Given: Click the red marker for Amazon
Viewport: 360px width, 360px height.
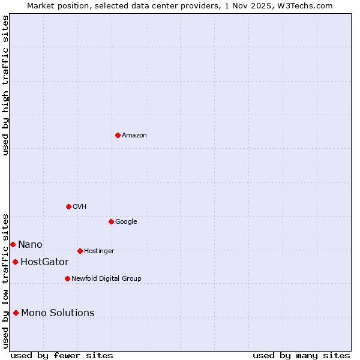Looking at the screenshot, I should (118, 135).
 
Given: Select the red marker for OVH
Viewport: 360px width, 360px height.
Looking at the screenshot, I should (68, 206).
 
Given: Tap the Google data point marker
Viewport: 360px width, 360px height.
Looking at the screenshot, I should (111, 221).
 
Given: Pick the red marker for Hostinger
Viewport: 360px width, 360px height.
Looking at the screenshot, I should (80, 251).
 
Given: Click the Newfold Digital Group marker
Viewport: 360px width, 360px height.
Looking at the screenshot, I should (67, 278).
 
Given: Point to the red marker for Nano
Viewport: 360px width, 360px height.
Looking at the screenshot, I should (13, 244).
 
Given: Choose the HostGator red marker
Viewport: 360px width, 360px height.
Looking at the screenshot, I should (15, 262).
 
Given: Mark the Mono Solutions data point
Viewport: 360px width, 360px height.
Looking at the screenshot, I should (16, 313).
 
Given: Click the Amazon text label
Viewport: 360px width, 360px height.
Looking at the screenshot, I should (134, 136).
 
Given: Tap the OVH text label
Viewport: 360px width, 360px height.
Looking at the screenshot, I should (80, 207).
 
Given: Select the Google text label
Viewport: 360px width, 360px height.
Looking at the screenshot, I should (126, 222).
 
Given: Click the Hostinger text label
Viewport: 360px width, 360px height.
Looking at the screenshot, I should (99, 251).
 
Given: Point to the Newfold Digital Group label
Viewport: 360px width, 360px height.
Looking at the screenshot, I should (106, 279).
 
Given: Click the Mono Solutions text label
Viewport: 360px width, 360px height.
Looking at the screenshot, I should (58, 313).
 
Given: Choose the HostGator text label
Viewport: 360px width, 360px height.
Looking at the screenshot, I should (44, 262).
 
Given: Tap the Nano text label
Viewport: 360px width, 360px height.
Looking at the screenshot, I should (30, 245).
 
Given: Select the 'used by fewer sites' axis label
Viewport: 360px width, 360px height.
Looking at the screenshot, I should (62, 356).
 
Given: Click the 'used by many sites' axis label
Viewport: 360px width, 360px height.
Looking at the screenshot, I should (301, 356).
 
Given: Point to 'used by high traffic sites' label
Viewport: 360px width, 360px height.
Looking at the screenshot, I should (5, 85).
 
